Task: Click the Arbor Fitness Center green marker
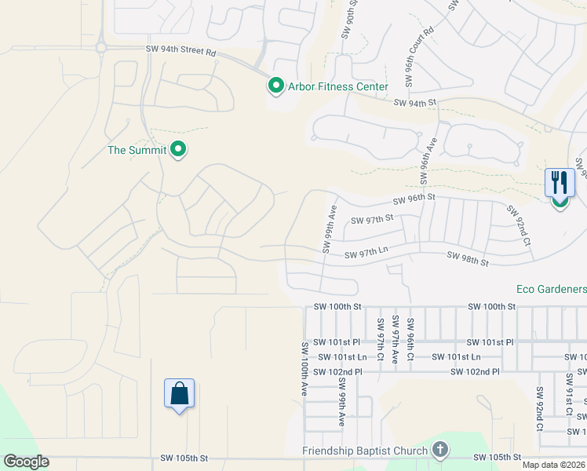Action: tap(275, 85)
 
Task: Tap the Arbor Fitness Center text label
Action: tap(337, 86)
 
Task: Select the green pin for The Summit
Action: tap(178, 148)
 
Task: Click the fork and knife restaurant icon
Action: tap(560, 183)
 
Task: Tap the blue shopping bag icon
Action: tap(180, 392)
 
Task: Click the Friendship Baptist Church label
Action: tap(366, 451)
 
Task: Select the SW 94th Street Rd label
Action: tap(180, 49)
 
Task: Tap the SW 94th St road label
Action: tap(414, 103)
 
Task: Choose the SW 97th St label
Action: tap(371, 221)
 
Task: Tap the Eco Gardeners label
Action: tap(550, 289)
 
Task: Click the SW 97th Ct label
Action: tap(381, 338)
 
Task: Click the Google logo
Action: tap(26, 462)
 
